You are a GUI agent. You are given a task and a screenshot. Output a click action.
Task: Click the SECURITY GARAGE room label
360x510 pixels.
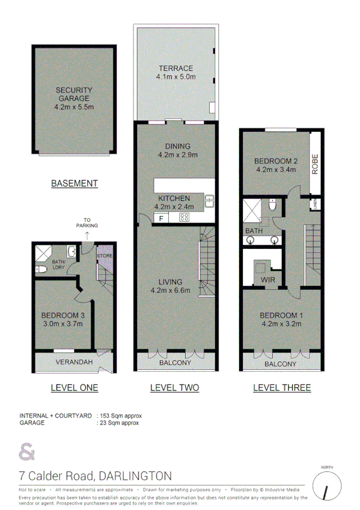[x=73, y=94]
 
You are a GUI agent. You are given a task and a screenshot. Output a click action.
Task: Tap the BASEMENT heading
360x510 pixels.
[x=74, y=183]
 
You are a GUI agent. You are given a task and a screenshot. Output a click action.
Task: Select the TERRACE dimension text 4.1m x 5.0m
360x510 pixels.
[x=175, y=77]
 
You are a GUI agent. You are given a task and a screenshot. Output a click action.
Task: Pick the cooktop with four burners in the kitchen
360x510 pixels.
[x=185, y=218]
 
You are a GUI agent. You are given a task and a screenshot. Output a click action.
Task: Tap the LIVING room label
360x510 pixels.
[x=174, y=282]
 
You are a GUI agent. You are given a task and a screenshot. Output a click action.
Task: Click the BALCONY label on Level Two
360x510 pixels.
[x=175, y=363]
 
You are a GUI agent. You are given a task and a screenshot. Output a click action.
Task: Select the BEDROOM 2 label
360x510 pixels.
[x=276, y=161]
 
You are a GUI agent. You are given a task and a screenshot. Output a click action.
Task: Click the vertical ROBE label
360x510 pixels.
[x=314, y=164]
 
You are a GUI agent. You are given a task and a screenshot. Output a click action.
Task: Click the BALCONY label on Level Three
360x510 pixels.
[x=281, y=364]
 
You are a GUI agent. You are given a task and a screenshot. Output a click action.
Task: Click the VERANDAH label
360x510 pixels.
[x=75, y=362]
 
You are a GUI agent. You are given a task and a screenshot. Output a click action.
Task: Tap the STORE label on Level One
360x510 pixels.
[x=105, y=256]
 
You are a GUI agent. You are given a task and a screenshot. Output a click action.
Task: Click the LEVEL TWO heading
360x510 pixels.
[x=174, y=388]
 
